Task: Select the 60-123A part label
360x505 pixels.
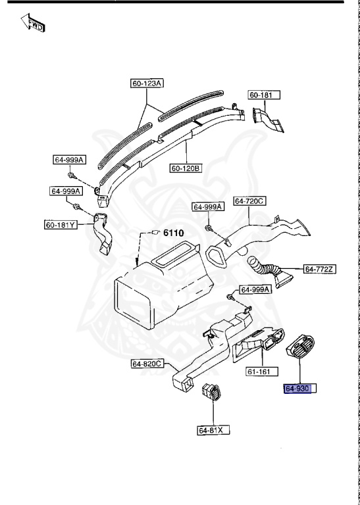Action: (x=147, y=84)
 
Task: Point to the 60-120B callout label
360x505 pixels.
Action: (x=186, y=168)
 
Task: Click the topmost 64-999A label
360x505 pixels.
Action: (x=69, y=160)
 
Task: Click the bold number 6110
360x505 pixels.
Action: (x=173, y=233)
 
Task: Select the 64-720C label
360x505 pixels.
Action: (x=249, y=201)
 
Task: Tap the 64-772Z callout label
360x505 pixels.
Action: (x=320, y=269)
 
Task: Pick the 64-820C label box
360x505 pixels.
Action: (x=147, y=364)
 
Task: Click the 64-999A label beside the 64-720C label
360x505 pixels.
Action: (x=208, y=206)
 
